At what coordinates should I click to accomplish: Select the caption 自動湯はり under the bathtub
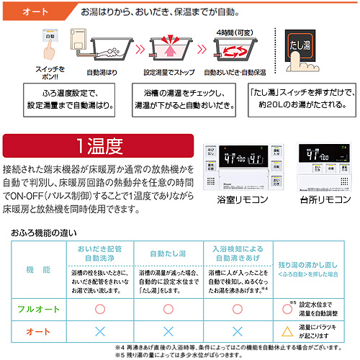click(102, 73)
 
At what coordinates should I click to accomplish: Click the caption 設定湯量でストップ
click(169, 73)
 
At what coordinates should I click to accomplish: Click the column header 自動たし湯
click(168, 253)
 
